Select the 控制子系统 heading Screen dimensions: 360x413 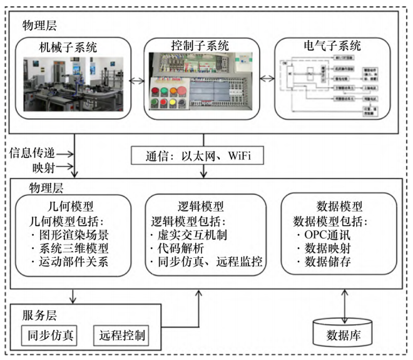[x=200, y=46]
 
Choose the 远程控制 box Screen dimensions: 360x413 [x=121, y=335]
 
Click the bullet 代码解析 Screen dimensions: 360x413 [x=179, y=249]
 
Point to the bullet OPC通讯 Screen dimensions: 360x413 [x=329, y=235]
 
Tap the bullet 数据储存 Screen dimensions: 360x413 [x=326, y=262]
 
